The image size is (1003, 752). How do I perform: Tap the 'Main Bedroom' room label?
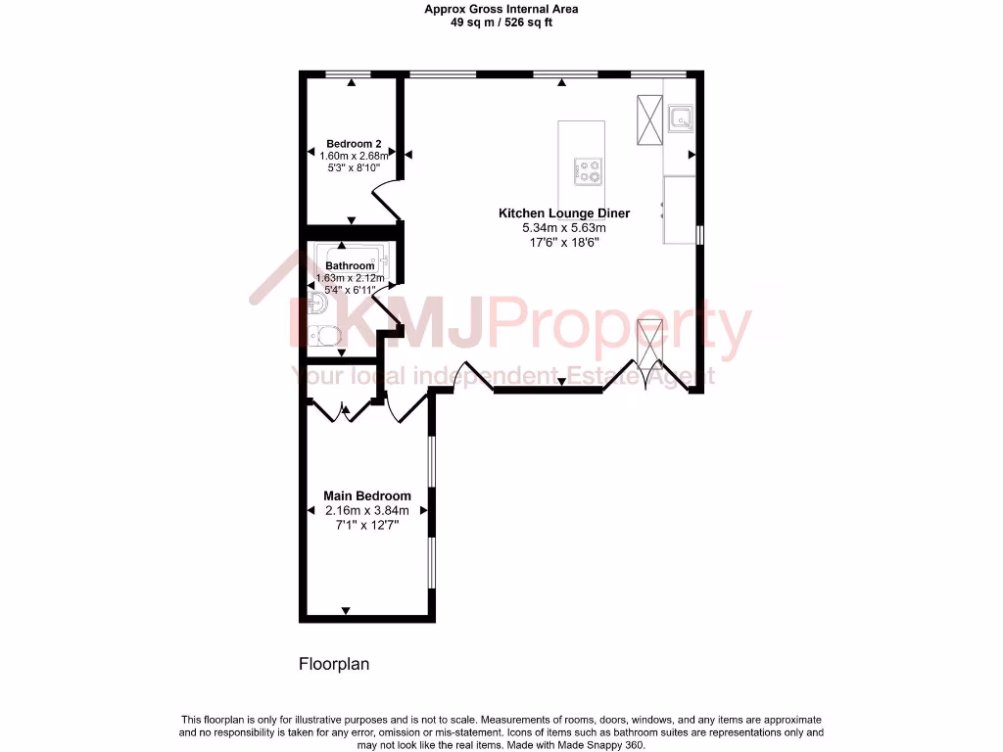click(x=367, y=495)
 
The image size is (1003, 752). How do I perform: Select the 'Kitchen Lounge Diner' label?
click(x=564, y=212)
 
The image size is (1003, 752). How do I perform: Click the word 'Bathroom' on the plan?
click(x=350, y=265)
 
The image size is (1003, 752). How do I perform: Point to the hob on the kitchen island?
click(x=588, y=171)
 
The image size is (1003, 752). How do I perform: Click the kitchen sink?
click(x=680, y=119)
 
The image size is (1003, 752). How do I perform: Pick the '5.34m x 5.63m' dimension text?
click(x=564, y=228)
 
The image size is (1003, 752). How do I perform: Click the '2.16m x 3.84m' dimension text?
click(x=367, y=510)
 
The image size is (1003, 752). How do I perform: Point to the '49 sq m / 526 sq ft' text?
click(x=501, y=23)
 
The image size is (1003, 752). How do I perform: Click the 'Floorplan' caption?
click(x=334, y=664)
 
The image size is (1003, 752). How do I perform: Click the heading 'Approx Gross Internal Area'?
click(x=501, y=9)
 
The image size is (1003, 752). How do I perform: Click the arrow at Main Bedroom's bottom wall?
click(x=346, y=611)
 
